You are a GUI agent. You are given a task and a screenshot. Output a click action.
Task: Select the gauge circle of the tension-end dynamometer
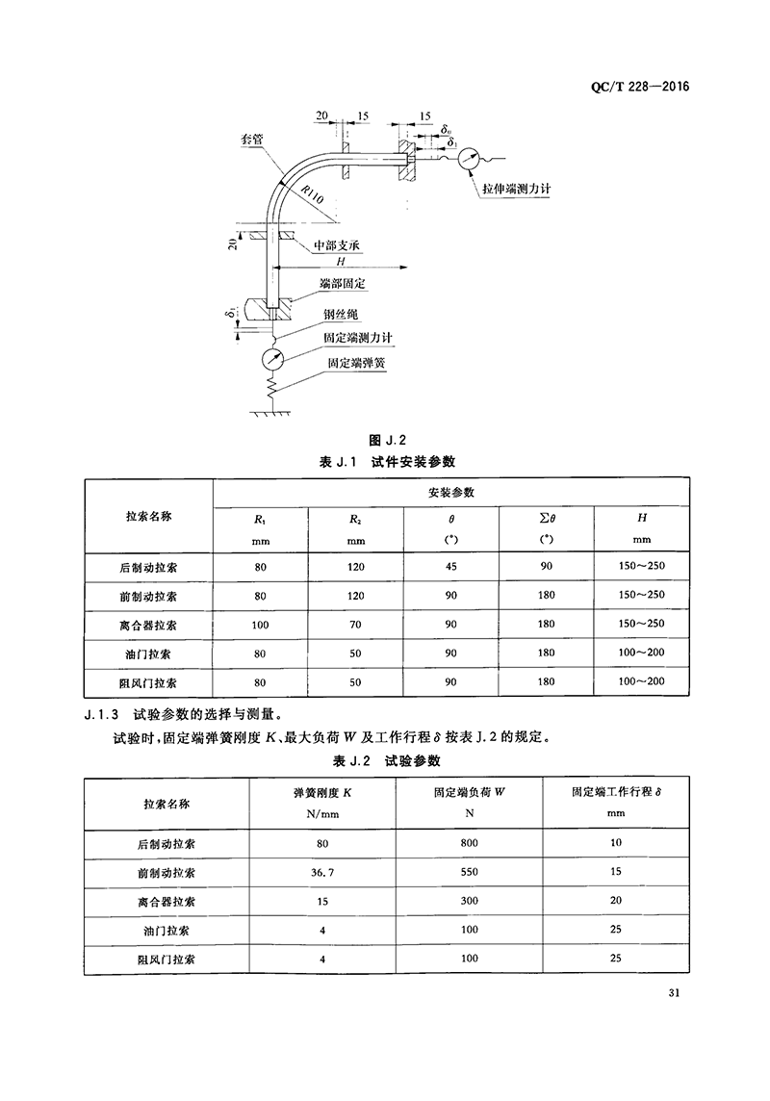point(472,158)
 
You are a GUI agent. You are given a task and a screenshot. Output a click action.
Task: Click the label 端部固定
point(346,285)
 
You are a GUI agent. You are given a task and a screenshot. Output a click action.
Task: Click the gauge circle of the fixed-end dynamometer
point(273,359)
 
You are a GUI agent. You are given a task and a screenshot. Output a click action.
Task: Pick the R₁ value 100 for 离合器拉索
point(260,624)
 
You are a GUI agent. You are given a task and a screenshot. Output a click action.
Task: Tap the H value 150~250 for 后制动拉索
point(641,567)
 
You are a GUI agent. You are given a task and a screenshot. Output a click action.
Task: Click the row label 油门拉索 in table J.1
point(148,653)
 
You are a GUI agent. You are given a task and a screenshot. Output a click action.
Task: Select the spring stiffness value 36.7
point(321,873)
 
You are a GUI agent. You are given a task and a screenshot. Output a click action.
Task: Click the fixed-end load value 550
point(470,873)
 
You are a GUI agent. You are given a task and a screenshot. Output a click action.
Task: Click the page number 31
point(673,994)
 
